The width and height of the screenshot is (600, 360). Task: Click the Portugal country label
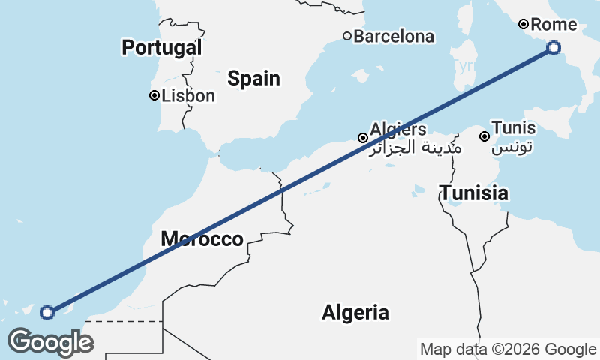click(162, 48)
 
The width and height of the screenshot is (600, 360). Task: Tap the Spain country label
click(253, 78)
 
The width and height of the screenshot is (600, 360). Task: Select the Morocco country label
click(202, 239)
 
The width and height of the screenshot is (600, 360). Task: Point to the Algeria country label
click(355, 312)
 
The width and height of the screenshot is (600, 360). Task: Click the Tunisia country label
click(473, 193)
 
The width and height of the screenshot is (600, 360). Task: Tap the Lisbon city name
click(188, 95)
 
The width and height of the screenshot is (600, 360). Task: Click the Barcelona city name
click(394, 36)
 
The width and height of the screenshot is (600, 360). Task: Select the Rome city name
click(553, 25)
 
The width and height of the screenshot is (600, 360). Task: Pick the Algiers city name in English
click(397, 129)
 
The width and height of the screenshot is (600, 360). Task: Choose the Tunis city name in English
click(513, 128)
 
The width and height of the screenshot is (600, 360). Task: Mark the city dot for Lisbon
click(154, 95)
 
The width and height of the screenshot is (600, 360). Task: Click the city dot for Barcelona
click(346, 36)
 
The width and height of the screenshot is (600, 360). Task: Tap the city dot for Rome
click(523, 25)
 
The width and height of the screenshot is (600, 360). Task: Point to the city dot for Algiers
click(362, 138)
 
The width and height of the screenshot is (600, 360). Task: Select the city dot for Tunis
click(484, 136)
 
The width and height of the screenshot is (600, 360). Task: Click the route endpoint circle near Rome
click(553, 48)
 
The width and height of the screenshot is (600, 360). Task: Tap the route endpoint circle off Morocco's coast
click(47, 312)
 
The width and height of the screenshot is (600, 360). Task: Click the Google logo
click(50, 342)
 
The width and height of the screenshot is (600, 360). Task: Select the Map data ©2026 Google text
click(508, 349)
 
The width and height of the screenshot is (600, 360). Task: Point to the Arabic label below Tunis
click(512, 147)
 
